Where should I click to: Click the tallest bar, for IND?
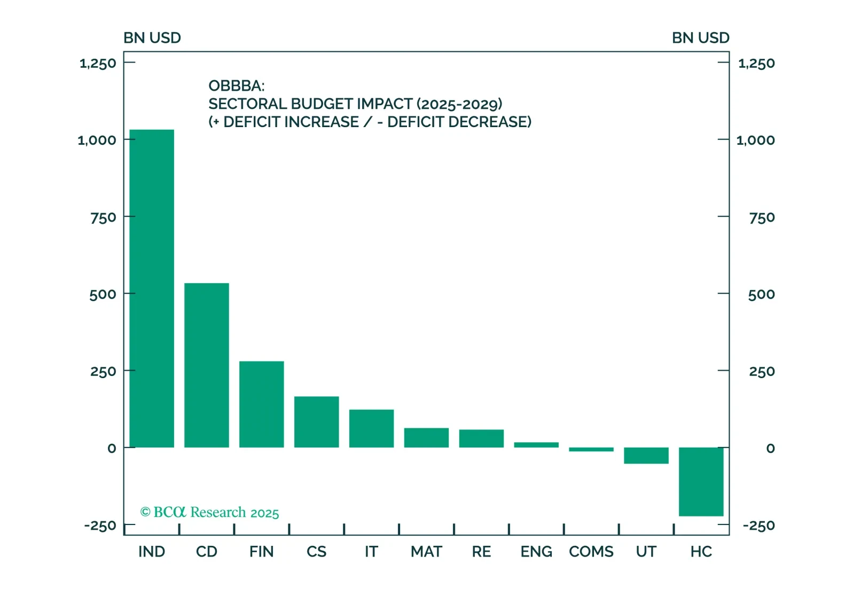(152, 288)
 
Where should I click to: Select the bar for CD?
(207, 365)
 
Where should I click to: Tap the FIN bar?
(262, 404)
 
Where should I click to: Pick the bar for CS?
(316, 422)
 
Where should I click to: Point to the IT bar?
(371, 428)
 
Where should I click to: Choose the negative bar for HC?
(701, 482)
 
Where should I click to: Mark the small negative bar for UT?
(646, 456)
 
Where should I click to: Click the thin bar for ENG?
(536, 445)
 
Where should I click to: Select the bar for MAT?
(426, 437)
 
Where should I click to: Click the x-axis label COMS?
(591, 552)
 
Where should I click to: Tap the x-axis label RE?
(481, 552)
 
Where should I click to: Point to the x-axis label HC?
(701, 552)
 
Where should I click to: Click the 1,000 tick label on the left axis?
(97, 140)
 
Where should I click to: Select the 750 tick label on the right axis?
(762, 218)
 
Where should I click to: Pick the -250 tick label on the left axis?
(100, 526)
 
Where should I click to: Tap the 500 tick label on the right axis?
(761, 295)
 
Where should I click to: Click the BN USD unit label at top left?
(152, 38)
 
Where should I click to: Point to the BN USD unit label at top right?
(700, 38)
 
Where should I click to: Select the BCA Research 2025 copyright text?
(209, 513)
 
